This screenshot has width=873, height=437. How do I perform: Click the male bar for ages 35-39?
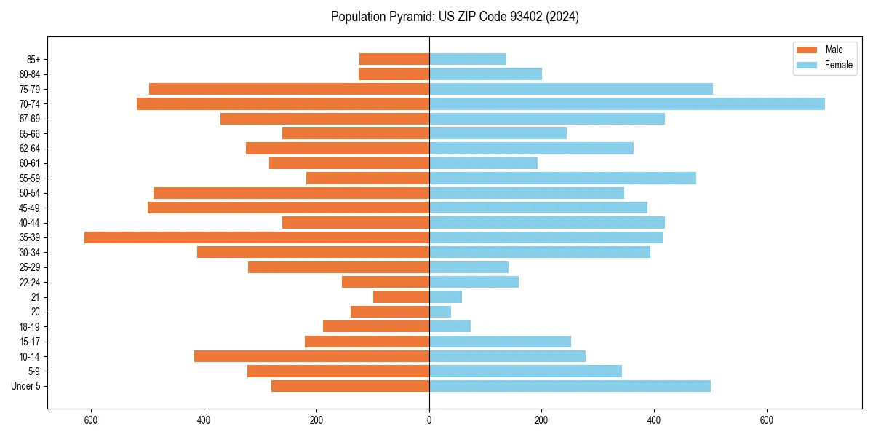click(257, 237)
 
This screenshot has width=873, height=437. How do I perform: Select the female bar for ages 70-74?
click(626, 104)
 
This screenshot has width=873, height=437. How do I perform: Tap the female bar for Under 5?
click(570, 386)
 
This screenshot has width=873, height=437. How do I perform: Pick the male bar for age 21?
click(401, 297)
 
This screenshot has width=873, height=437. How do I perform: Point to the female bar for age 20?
click(440, 312)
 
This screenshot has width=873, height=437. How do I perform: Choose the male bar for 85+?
click(394, 59)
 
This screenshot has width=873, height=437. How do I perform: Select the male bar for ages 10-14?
click(311, 356)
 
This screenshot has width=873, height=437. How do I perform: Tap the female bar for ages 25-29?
click(469, 267)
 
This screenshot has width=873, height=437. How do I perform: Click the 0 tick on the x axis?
click(429, 420)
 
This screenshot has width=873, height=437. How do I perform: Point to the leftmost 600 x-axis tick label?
click(92, 420)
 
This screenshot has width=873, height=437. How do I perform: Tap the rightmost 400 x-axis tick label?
click(654, 420)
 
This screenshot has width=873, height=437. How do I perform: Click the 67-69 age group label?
click(30, 119)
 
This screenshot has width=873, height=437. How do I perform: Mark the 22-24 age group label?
click(30, 283)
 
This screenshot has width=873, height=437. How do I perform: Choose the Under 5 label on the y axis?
click(25, 386)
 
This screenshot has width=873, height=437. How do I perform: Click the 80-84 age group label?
click(30, 74)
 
